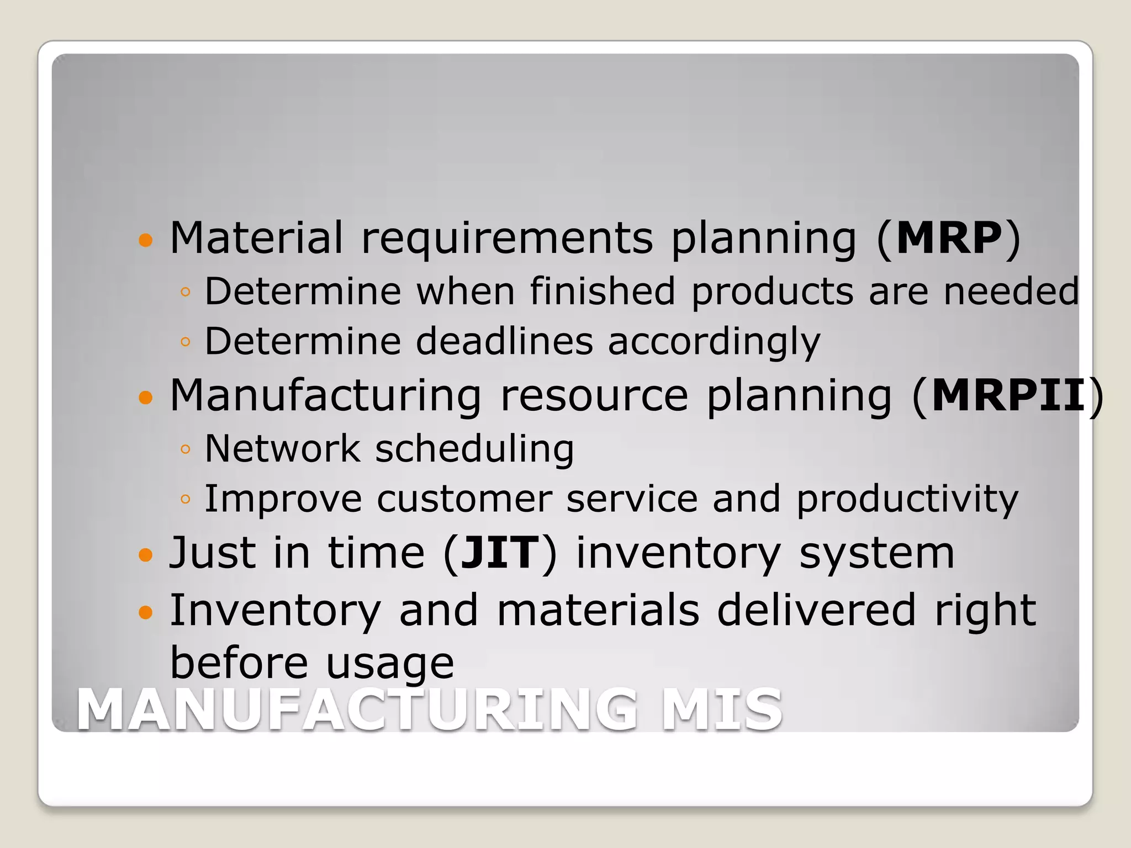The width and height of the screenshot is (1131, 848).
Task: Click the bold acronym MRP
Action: [x=949, y=238]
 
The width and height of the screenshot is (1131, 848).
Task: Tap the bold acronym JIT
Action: [x=500, y=553]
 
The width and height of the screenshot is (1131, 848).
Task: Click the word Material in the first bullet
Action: [x=256, y=238]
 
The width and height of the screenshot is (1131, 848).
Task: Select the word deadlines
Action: [x=504, y=341]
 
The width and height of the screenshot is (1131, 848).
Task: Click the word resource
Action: [x=594, y=396]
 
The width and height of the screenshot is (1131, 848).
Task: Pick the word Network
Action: [x=282, y=448]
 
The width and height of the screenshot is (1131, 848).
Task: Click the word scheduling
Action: [x=474, y=449]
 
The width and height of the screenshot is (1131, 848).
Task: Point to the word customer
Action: [x=464, y=499]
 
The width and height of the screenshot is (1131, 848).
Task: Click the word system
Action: [x=876, y=554]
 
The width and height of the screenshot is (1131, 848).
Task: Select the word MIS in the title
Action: [x=722, y=710]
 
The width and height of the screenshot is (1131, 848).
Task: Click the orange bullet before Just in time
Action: [x=145, y=554]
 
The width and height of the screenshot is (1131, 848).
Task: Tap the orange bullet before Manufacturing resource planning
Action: [x=145, y=397]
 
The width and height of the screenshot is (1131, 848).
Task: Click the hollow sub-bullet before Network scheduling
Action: [x=185, y=449]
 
